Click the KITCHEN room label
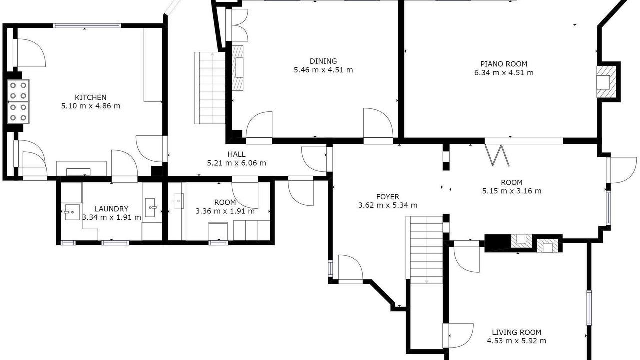click(91, 97)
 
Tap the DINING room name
click(323, 61)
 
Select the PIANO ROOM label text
click(504, 64)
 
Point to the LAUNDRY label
click(111, 209)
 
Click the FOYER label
click(388, 197)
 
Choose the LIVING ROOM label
click(517, 332)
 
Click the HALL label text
click(236, 154)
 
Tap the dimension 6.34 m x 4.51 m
click(504, 73)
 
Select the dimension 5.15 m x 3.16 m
click(512, 191)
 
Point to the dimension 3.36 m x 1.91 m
click(225, 211)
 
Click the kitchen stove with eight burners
click(18, 101)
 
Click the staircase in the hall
click(210, 88)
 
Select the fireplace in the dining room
click(237, 68)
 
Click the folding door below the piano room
click(497, 155)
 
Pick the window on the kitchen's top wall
click(87, 26)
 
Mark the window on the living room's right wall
click(589, 307)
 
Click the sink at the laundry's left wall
click(72, 212)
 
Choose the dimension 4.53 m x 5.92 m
click(517, 341)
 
